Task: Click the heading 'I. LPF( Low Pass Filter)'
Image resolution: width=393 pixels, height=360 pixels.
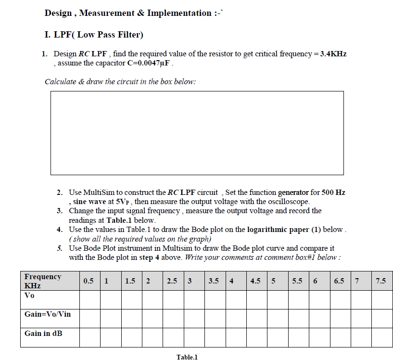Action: click(94, 35)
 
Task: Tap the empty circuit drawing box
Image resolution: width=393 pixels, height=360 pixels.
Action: click(197, 133)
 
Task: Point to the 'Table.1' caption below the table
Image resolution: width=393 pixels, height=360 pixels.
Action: click(187, 357)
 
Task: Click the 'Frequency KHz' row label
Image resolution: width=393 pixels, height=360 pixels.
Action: click(43, 281)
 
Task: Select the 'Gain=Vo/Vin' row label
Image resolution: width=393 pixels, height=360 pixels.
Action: click(47, 314)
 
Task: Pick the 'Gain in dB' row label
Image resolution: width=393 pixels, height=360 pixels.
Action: click(43, 333)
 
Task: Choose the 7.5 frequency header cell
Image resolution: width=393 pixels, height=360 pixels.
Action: click(381, 281)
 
